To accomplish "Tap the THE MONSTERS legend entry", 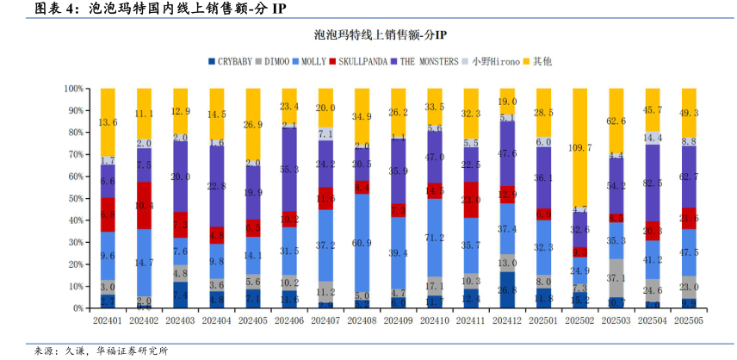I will (x=429, y=61).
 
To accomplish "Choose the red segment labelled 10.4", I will (x=144, y=206).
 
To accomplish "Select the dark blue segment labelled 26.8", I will (x=508, y=289).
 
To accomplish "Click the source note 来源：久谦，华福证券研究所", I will (x=101, y=351).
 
